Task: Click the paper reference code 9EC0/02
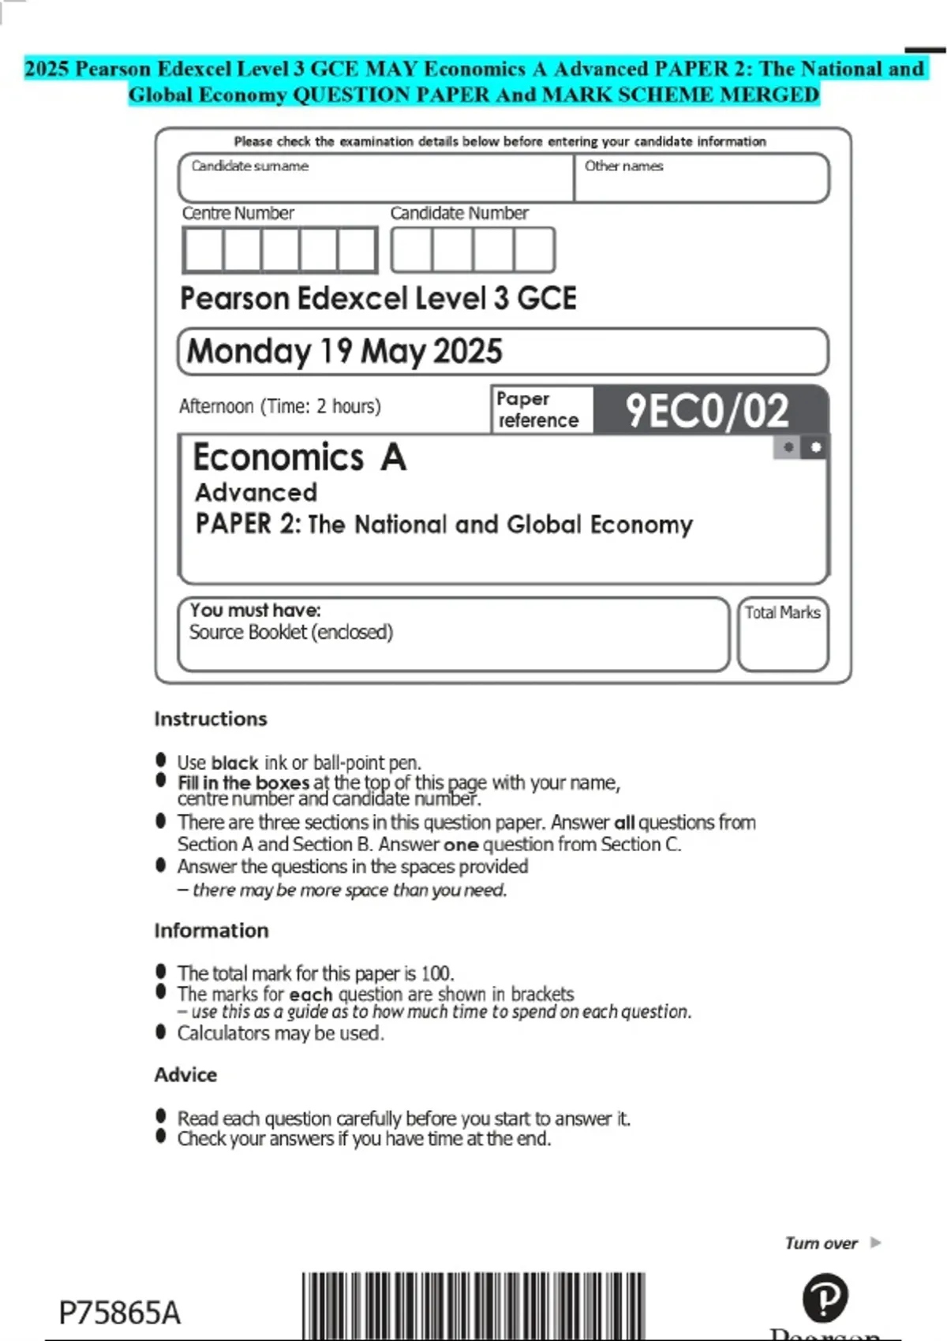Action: click(707, 411)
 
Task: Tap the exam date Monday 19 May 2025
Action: click(344, 352)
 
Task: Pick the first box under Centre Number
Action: click(203, 250)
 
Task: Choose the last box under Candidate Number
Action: click(534, 250)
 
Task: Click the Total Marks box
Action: click(783, 635)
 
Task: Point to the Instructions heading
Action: click(211, 719)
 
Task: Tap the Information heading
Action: click(211, 930)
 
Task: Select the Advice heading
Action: click(185, 1074)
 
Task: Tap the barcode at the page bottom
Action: click(473, 1306)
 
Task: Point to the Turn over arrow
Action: click(875, 1243)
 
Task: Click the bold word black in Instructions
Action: click(234, 764)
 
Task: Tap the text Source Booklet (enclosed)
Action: click(290, 633)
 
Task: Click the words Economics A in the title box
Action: click(299, 458)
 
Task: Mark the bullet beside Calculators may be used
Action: click(161, 1031)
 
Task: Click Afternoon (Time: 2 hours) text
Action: click(279, 406)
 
